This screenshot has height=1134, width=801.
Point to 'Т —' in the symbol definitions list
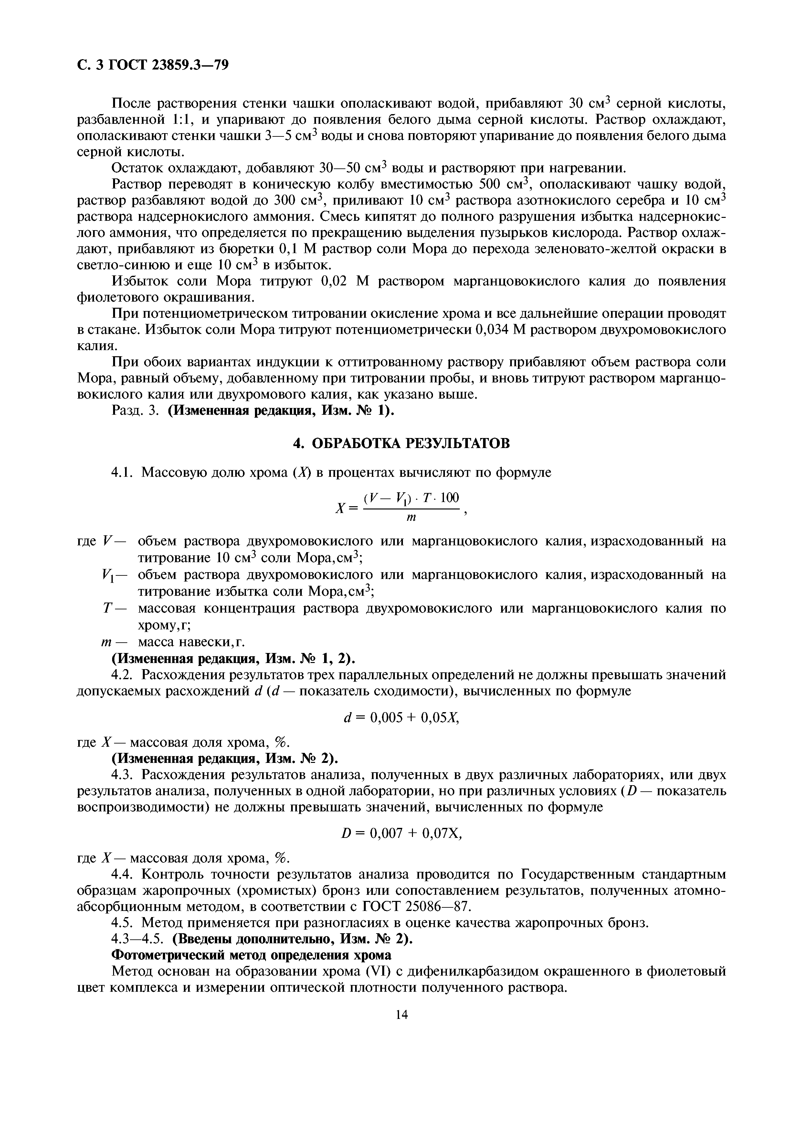click(114, 608)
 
